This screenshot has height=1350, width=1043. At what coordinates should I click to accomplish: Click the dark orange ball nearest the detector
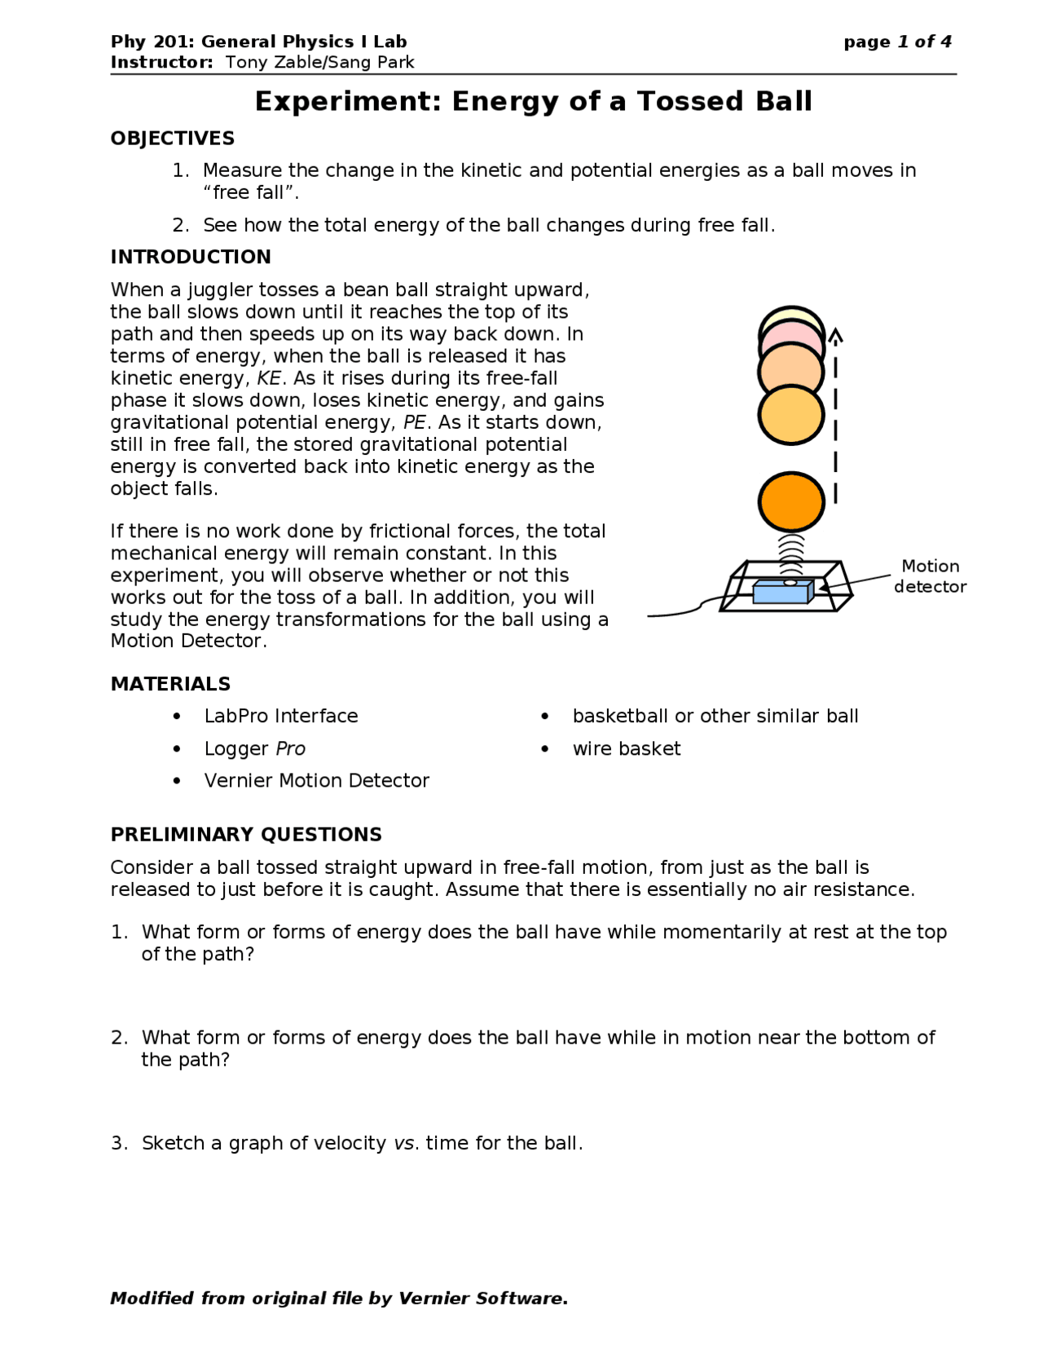tap(790, 501)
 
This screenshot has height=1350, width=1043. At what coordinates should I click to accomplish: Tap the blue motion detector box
tap(781, 593)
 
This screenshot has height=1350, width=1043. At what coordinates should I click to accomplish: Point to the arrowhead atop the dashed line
tap(835, 335)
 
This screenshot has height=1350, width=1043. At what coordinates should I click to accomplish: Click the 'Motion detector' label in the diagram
tap(930, 576)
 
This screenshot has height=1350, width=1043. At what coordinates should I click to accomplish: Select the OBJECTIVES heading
tap(173, 139)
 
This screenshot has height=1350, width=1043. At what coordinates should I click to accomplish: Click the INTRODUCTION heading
tap(191, 257)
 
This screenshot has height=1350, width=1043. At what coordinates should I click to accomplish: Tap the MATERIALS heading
tap(170, 684)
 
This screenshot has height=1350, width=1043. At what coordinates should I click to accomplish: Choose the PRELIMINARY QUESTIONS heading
tap(246, 835)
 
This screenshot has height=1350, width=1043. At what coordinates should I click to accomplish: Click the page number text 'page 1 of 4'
tap(897, 42)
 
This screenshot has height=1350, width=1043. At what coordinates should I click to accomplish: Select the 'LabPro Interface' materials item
tap(281, 716)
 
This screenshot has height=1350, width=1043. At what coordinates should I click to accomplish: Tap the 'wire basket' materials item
tap(627, 748)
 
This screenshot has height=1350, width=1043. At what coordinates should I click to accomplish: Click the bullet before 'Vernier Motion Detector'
tap(177, 781)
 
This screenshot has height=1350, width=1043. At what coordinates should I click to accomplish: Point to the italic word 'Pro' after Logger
tap(290, 748)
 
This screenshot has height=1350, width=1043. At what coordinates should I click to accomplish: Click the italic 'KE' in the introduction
tap(269, 378)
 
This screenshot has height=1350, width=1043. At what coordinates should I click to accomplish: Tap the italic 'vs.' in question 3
tap(406, 1143)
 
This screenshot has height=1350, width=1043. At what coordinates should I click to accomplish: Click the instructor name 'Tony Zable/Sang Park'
tap(319, 63)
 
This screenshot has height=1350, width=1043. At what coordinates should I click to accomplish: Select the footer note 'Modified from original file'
tap(338, 1298)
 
